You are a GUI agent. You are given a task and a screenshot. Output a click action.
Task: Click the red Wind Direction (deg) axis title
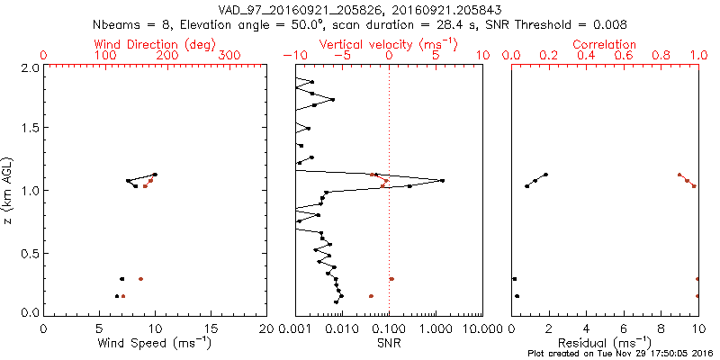155,44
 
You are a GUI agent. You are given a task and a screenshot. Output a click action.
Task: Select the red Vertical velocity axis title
388,44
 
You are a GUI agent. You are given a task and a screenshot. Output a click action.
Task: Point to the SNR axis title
389,344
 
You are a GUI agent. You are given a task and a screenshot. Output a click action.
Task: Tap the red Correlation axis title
605,44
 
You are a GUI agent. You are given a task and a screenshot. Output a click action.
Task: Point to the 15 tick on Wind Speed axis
211,329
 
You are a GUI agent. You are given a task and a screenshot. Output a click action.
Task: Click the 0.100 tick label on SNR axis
390,329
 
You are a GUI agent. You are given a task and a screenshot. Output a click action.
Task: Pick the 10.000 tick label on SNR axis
481,329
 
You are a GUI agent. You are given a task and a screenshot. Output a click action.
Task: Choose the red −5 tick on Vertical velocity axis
341,56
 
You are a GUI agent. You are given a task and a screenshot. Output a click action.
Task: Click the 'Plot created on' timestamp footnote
620,354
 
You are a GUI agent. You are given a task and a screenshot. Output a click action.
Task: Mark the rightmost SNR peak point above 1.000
442,181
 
